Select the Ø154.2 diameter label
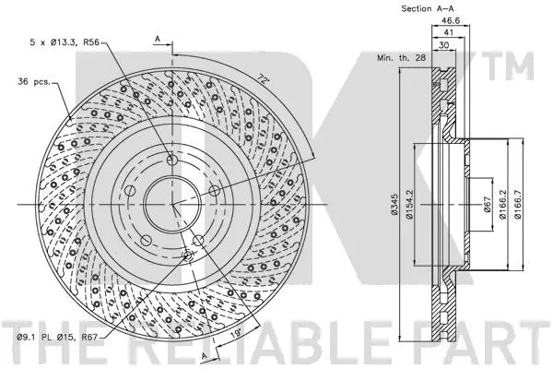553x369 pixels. pos(411,203)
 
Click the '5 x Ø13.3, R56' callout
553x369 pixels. pos(64,42)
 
